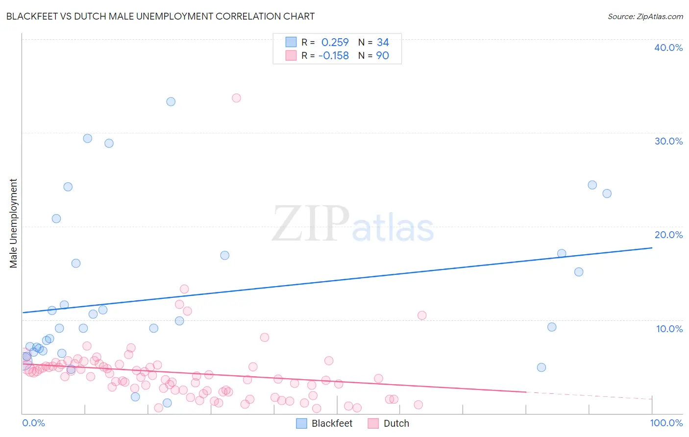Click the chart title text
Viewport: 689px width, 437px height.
click(160, 16)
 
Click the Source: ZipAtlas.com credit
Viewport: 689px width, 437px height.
click(645, 16)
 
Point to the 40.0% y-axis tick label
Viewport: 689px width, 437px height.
click(668, 48)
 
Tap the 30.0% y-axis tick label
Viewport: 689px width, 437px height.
click(668, 141)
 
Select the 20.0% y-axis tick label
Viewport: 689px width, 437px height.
click(668, 235)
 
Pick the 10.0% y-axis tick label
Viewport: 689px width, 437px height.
click(669, 329)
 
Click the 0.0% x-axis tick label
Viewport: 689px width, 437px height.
click(33, 423)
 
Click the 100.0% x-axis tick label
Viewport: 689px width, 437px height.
click(666, 423)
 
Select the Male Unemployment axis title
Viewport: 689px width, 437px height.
click(13, 223)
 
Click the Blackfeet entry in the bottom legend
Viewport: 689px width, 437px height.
click(332, 423)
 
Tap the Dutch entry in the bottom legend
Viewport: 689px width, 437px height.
click(396, 423)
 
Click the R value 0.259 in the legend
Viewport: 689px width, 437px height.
click(335, 43)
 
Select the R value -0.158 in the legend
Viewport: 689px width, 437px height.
click(333, 56)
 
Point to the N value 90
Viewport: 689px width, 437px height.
click(382, 56)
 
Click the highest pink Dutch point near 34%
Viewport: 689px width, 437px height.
click(236, 98)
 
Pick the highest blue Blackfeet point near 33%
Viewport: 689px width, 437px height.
click(171, 102)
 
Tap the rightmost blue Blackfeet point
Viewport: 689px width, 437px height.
click(607, 194)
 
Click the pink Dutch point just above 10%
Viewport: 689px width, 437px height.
click(422, 316)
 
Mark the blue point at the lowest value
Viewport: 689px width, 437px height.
click(167, 403)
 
